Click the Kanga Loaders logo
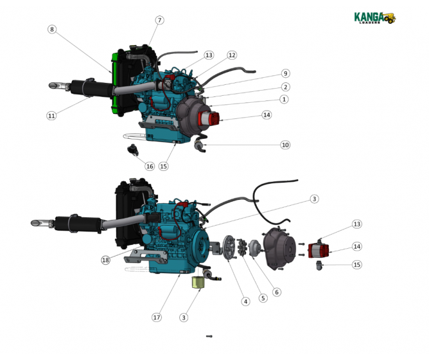click(x=375, y=18)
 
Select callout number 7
click(x=159, y=21)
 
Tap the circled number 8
click(x=52, y=30)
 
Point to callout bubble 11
click(x=51, y=116)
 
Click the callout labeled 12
click(x=232, y=55)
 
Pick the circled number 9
click(x=285, y=73)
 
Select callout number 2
click(x=285, y=87)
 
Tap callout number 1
click(x=284, y=100)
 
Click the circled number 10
click(x=285, y=145)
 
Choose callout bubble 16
click(x=150, y=166)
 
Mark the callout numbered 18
click(x=105, y=260)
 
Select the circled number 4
click(x=245, y=301)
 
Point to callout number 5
click(x=263, y=298)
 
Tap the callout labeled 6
click(x=277, y=292)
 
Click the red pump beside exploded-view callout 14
click(x=319, y=250)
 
